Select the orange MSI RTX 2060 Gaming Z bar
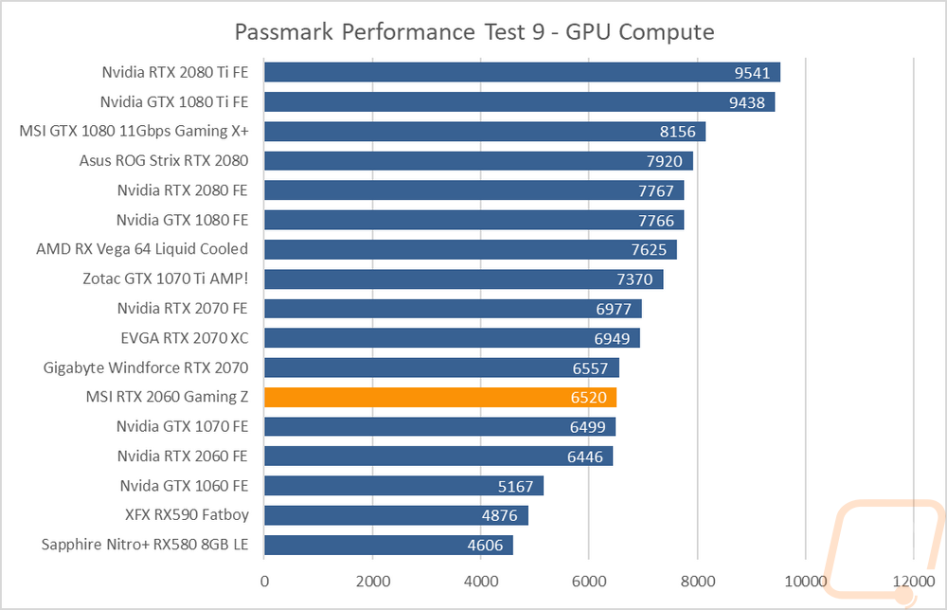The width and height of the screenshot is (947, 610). click(440, 398)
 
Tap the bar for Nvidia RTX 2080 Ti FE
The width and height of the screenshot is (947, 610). click(523, 73)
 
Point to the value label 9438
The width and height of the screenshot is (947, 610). click(747, 102)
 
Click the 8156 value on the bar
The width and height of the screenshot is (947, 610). click(678, 132)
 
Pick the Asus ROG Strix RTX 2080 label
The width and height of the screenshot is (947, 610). click(164, 161)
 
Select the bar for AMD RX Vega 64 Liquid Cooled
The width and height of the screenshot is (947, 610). click(471, 249)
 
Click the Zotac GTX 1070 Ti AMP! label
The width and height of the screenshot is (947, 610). click(166, 278)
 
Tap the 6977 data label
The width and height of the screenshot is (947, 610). click(614, 309)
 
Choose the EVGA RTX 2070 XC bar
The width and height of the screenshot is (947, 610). click(453, 338)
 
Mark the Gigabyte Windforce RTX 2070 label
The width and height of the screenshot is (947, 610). click(146, 368)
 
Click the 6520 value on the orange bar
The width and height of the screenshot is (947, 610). click(589, 398)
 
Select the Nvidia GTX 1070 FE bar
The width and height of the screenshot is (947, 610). click(439, 427)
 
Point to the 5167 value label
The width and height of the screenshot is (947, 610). click(516, 486)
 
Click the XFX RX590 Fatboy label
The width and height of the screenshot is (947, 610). click(187, 515)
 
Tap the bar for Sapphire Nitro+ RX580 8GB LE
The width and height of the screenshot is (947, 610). click(389, 546)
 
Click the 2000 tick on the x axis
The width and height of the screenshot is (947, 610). click(372, 582)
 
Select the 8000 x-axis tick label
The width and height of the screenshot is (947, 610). click(698, 582)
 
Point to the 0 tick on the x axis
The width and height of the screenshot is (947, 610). click(264, 582)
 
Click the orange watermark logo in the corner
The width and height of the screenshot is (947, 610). click(884, 549)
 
